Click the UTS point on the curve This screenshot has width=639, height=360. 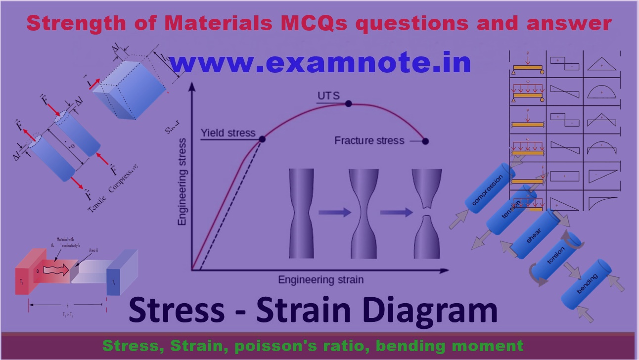tap(348, 104)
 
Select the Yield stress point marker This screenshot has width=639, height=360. tap(262, 139)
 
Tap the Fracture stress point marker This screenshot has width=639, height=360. tap(425, 141)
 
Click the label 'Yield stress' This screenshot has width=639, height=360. tap(228, 133)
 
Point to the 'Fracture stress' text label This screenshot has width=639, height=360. tap(369, 140)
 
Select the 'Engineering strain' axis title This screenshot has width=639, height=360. tap(320, 280)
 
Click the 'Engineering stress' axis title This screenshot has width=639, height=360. tap(183, 182)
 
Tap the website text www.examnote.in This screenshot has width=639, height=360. tap(319, 63)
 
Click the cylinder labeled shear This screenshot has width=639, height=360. tap(534, 232)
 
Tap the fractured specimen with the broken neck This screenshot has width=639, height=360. tap(428, 213)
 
